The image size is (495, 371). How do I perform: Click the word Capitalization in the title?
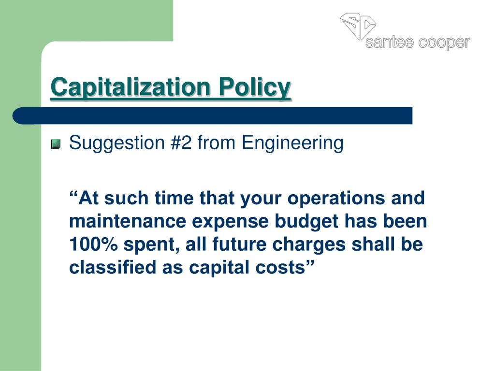pos(131,87)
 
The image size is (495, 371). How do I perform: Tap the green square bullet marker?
pos(56,144)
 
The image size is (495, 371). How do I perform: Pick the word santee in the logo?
pos(389,43)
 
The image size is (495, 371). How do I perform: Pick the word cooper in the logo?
pos(444,43)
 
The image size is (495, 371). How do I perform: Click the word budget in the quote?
pos(309,222)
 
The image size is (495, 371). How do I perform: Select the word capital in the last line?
pos(222,268)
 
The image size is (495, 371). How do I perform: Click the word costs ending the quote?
pos(286,268)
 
